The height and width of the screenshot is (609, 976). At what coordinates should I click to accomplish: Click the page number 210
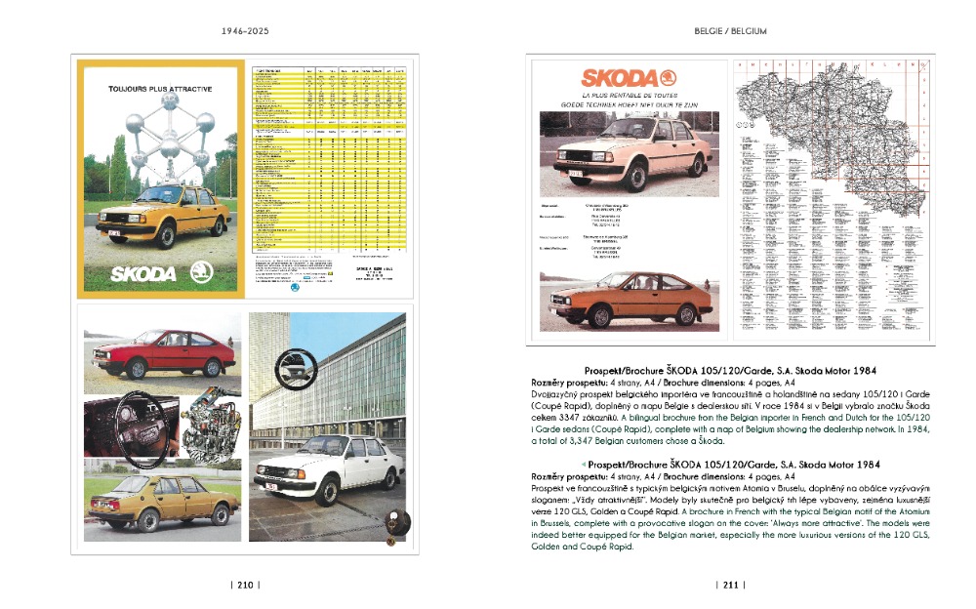[x=244, y=585]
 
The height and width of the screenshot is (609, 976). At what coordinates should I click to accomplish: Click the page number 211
[x=730, y=585]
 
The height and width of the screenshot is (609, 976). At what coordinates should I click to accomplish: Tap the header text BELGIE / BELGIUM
[x=730, y=31]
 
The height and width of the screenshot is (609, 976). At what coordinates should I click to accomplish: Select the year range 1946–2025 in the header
[x=244, y=31]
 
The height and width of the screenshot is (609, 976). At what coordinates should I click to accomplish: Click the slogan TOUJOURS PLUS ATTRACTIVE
[x=160, y=89]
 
